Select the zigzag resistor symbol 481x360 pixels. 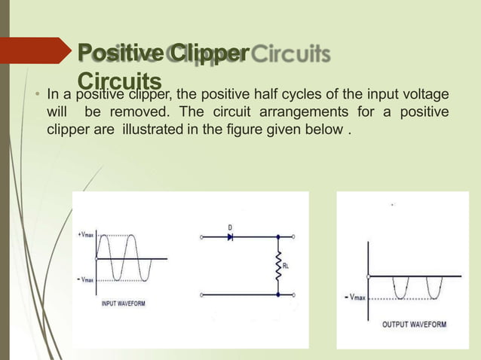[278, 265]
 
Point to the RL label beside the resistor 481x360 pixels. [287, 265]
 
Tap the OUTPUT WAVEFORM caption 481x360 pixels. [414, 325]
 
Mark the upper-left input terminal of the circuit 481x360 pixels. [201, 237]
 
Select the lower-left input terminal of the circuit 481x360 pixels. [201, 294]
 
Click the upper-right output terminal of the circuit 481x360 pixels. [294, 237]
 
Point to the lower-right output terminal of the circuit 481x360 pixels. [294, 294]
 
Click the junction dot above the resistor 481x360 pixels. [278, 237]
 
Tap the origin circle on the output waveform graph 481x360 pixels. [369, 276]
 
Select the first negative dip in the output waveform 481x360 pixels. [400, 290]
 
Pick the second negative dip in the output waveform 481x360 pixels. [435, 290]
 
